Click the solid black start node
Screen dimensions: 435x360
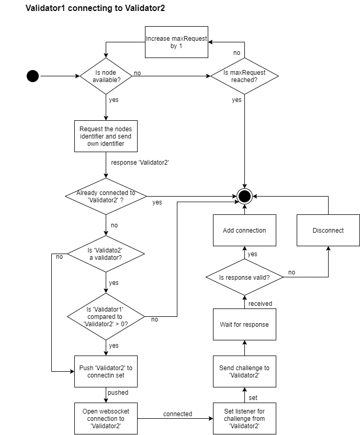(x=32, y=76)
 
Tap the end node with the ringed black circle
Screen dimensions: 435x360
(x=244, y=196)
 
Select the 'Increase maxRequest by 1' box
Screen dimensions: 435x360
(x=176, y=42)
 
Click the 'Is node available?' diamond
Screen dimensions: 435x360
(x=106, y=76)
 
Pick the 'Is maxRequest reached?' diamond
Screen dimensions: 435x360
(x=244, y=76)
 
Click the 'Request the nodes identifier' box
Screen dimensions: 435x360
(x=106, y=136)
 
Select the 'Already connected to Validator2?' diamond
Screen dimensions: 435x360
(x=106, y=196)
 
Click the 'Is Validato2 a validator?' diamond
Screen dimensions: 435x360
(x=106, y=254)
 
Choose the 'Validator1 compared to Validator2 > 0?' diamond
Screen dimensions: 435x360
(x=106, y=316)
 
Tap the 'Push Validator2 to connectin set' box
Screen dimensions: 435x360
(x=106, y=371)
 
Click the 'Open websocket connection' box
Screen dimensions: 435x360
(x=106, y=418)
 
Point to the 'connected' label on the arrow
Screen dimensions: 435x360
(x=177, y=414)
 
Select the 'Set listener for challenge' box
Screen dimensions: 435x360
(x=244, y=418)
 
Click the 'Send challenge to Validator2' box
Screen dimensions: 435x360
(x=244, y=371)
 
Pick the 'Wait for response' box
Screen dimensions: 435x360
(x=244, y=324)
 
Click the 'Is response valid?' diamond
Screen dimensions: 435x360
(x=244, y=277)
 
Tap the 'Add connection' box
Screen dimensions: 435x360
(x=244, y=230)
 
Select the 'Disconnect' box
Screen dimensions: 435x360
(x=328, y=230)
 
